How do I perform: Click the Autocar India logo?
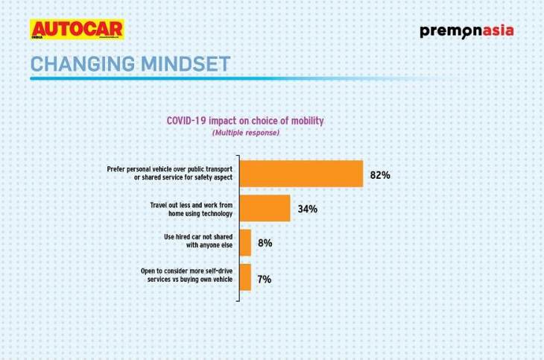(76, 30)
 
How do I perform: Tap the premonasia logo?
(466, 31)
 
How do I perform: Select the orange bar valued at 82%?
(301, 174)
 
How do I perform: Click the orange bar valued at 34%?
(265, 209)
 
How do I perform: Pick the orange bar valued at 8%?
(245, 243)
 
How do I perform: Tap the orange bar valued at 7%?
(244, 277)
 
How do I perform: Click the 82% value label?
(379, 175)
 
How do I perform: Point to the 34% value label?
(307, 209)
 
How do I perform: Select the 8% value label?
(265, 244)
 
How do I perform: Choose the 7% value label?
(264, 279)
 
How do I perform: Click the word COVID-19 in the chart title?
(186, 120)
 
